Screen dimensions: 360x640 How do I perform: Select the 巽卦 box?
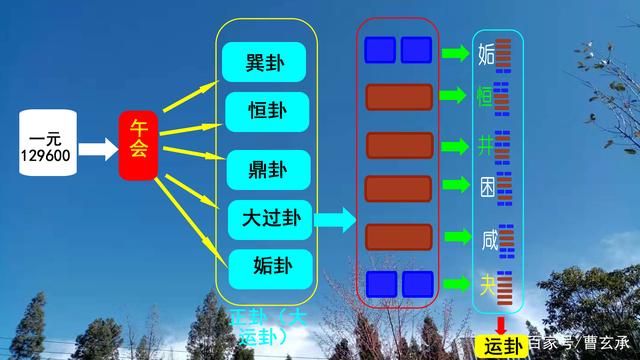[265, 63]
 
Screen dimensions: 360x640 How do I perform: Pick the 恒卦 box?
[265, 110]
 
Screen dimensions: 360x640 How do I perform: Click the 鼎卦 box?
[265, 167]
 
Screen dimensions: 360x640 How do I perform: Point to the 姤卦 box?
[265, 266]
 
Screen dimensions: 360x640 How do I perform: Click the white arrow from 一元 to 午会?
[97, 150]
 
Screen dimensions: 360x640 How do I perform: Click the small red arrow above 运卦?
[500, 324]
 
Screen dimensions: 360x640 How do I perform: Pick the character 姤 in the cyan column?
[487, 52]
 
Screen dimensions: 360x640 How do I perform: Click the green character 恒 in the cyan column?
[486, 98]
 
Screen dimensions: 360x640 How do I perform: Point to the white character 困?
[486, 187]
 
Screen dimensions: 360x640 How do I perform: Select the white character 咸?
[487, 239]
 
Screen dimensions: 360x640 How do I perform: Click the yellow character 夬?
[487, 285]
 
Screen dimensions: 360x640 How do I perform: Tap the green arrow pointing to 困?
[456, 186]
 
